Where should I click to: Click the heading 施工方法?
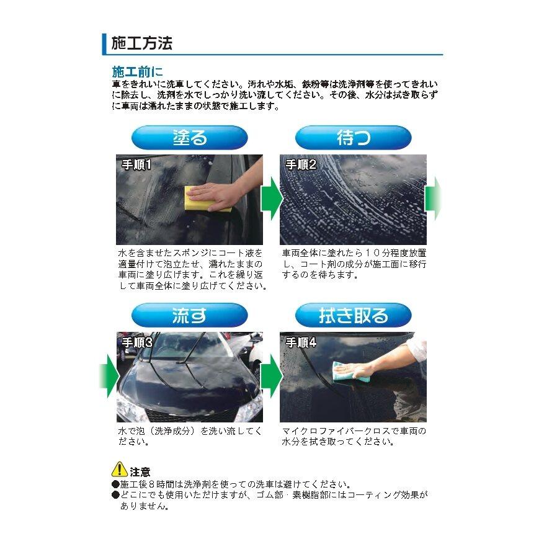click(x=141, y=43)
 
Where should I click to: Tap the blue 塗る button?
click(x=189, y=138)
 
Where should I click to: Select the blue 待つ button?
click(x=353, y=138)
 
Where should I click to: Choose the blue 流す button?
click(x=189, y=315)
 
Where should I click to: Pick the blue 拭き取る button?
click(x=353, y=315)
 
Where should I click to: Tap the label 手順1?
click(x=136, y=164)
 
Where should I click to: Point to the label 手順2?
click(x=301, y=164)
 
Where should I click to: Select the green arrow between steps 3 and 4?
click(x=271, y=377)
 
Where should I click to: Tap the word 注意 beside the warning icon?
click(x=140, y=473)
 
